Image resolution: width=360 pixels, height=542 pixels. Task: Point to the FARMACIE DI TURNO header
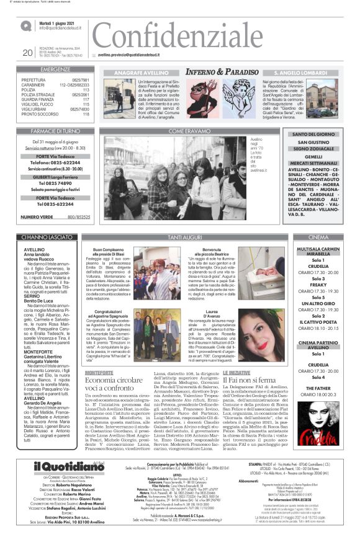[55, 131]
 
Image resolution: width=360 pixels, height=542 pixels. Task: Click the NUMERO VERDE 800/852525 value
[78, 217]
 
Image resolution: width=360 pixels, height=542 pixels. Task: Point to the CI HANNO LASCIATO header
[55, 238]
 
